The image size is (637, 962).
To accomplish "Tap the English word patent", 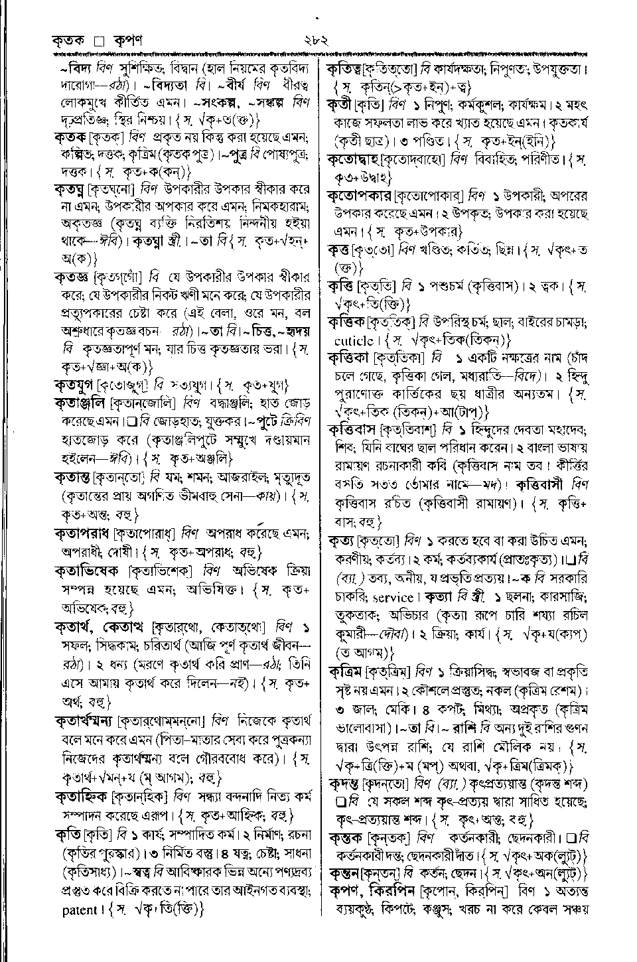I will [x=80, y=910].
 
